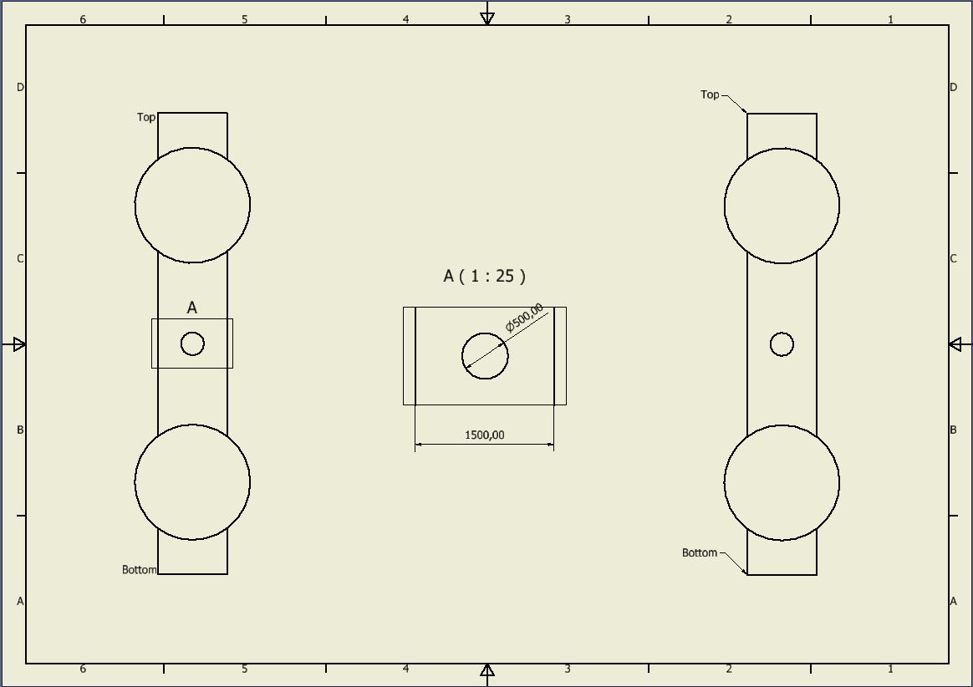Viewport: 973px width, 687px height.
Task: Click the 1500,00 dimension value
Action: pos(484,435)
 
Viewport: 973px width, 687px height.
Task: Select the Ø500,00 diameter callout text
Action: pos(524,318)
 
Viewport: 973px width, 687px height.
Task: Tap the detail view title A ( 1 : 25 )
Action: pos(485,276)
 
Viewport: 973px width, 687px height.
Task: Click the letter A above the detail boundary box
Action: pos(192,308)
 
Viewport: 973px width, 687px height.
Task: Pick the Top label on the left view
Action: pos(146,118)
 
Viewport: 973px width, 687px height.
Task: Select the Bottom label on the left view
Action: pos(140,570)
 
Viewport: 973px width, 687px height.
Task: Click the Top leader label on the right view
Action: pos(710,95)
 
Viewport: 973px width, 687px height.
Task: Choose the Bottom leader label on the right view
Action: pos(700,553)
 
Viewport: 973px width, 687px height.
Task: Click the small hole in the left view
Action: pos(192,343)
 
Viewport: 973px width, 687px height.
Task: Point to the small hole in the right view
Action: pos(782,344)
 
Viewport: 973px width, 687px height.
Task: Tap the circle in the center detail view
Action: pos(485,356)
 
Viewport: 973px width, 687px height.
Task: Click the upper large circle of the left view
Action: pos(192,205)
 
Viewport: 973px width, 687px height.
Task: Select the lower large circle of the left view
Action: pos(192,482)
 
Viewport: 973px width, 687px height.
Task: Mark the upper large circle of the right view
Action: pos(782,206)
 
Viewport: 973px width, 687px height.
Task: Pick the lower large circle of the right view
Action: pos(782,483)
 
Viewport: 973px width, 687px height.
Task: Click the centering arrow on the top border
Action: pos(487,18)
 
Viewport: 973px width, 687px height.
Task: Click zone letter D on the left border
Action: pos(20,88)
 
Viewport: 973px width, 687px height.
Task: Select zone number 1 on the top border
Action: pos(890,19)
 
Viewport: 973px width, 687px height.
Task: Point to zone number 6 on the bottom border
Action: pos(82,669)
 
